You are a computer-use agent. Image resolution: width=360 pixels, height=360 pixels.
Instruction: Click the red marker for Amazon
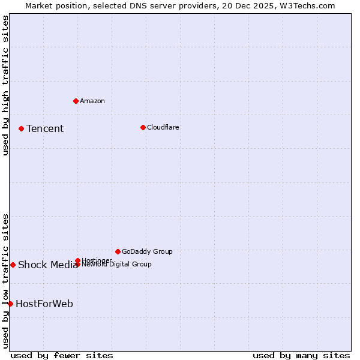(x=76, y=101)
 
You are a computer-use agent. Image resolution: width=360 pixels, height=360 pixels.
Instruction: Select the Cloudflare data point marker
(x=143, y=127)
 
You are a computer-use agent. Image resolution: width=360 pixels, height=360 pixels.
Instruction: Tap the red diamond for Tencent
(x=21, y=128)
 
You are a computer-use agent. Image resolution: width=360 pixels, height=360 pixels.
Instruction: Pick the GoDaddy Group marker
(x=118, y=251)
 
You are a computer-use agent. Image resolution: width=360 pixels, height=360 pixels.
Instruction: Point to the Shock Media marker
(x=13, y=265)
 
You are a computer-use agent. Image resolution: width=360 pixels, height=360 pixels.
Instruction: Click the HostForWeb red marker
(x=10, y=304)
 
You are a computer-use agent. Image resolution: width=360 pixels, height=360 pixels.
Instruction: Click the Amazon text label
(x=92, y=101)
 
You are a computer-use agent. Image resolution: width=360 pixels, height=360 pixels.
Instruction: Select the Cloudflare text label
(x=163, y=127)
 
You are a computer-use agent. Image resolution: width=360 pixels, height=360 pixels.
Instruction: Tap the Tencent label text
(x=45, y=128)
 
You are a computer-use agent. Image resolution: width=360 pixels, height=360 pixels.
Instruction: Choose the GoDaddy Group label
(x=147, y=251)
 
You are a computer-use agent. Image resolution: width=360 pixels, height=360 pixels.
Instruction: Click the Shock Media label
(x=47, y=265)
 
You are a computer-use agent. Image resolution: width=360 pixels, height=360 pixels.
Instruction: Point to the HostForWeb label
(x=44, y=304)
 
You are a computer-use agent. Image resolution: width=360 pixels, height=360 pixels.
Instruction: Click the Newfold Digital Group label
(x=117, y=265)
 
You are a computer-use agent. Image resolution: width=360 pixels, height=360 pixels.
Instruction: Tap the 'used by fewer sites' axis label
(x=62, y=355)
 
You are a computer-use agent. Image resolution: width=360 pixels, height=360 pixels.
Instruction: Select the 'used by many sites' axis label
(x=301, y=355)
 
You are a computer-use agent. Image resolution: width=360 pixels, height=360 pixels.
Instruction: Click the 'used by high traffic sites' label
(x=5, y=85)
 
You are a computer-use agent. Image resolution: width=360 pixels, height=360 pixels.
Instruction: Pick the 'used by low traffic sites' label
(x=5, y=280)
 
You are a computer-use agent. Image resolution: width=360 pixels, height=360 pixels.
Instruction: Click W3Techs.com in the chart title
(x=308, y=5)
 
